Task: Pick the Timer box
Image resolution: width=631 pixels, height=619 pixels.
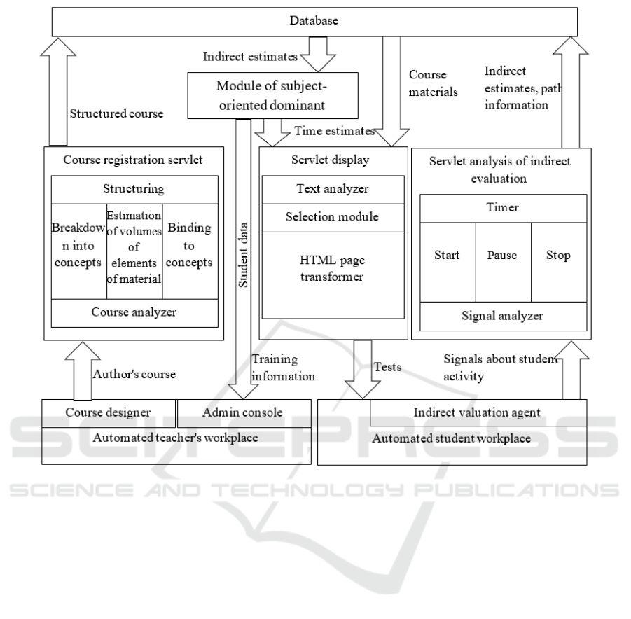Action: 502,209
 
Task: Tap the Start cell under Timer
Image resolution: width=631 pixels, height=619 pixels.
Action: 447,256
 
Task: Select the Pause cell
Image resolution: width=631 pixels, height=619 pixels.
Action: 502,256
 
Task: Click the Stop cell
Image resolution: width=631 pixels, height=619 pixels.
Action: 557,256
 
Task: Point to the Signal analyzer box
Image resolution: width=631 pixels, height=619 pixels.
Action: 502,316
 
